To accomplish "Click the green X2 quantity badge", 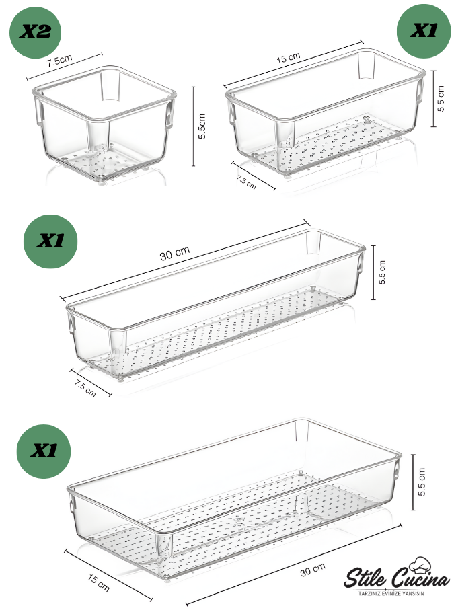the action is point(35,32).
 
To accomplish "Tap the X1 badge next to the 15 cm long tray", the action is point(424,30).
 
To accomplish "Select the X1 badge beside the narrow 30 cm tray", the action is point(50,241).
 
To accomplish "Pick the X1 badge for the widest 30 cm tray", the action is point(43,451).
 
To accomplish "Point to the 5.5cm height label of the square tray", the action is point(202,126).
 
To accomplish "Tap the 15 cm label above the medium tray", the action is point(289,58).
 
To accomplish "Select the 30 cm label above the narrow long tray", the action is point(175,254).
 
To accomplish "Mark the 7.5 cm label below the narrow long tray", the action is point(85,388).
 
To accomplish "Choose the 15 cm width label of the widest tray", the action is point(98,582).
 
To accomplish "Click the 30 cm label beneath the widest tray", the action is point(313,570).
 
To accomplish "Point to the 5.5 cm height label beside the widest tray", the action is point(422,482).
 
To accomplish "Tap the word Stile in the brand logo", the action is point(365,578).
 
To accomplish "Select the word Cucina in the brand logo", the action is point(420,580).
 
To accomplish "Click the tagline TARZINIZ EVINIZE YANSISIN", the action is point(391,594).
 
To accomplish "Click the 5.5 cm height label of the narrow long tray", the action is point(382,272).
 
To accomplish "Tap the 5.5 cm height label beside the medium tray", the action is point(441,99).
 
